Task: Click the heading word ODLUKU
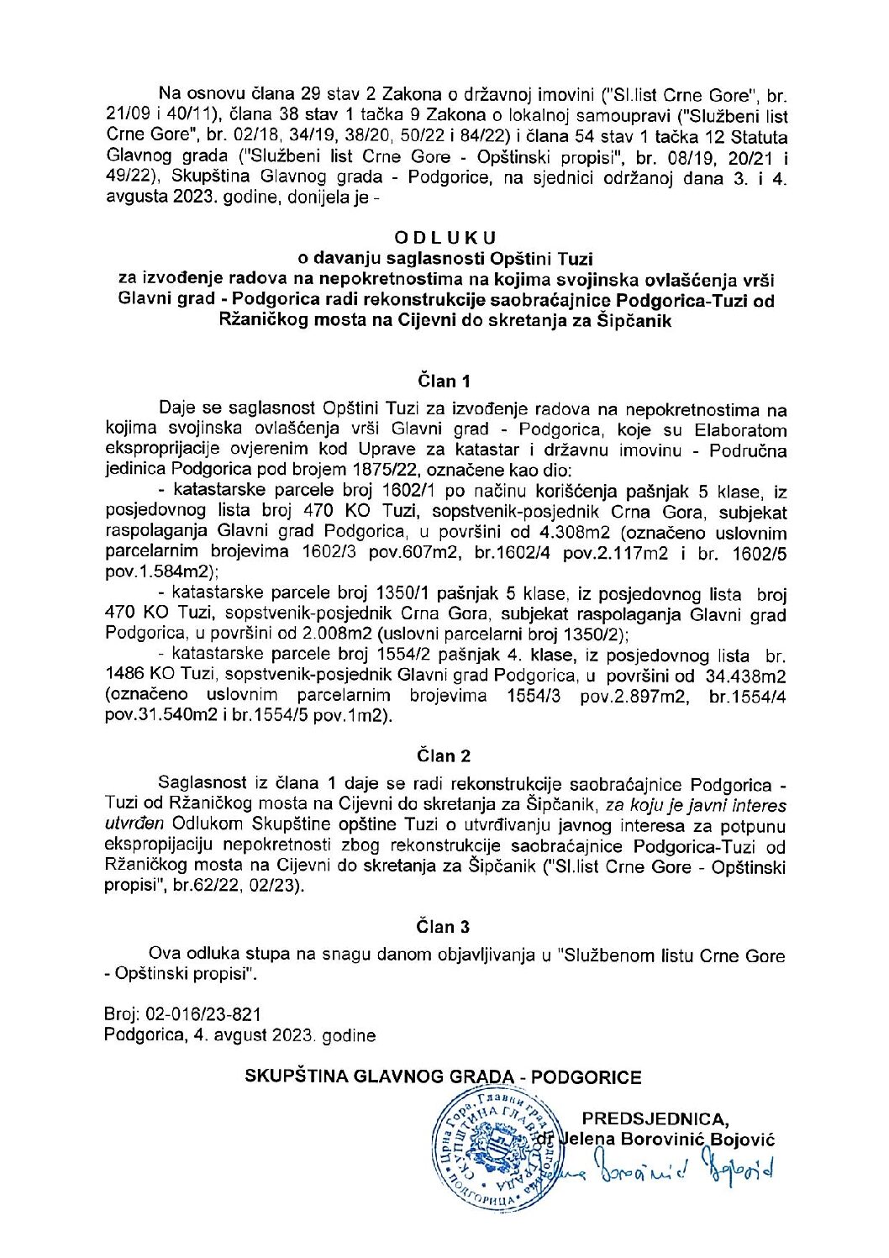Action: tap(445, 239)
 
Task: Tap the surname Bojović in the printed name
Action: tap(743, 1140)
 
